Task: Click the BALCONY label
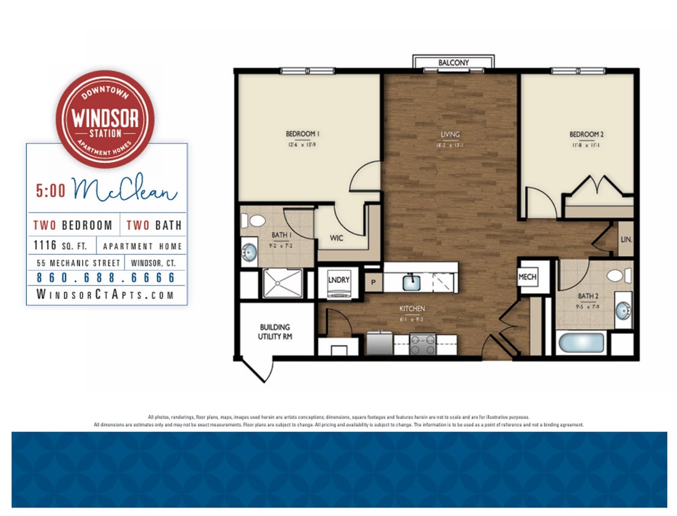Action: [x=454, y=62]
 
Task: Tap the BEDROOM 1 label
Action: [x=304, y=134]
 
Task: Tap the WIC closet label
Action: [x=336, y=238]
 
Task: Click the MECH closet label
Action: [x=527, y=277]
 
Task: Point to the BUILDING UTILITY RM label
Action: [x=275, y=331]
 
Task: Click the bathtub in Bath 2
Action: [x=581, y=342]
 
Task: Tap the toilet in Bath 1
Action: [x=256, y=221]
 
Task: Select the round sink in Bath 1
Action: [x=249, y=252]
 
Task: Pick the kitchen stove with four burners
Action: [x=422, y=344]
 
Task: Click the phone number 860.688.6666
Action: [x=106, y=278]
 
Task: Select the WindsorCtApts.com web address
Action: [x=106, y=295]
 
